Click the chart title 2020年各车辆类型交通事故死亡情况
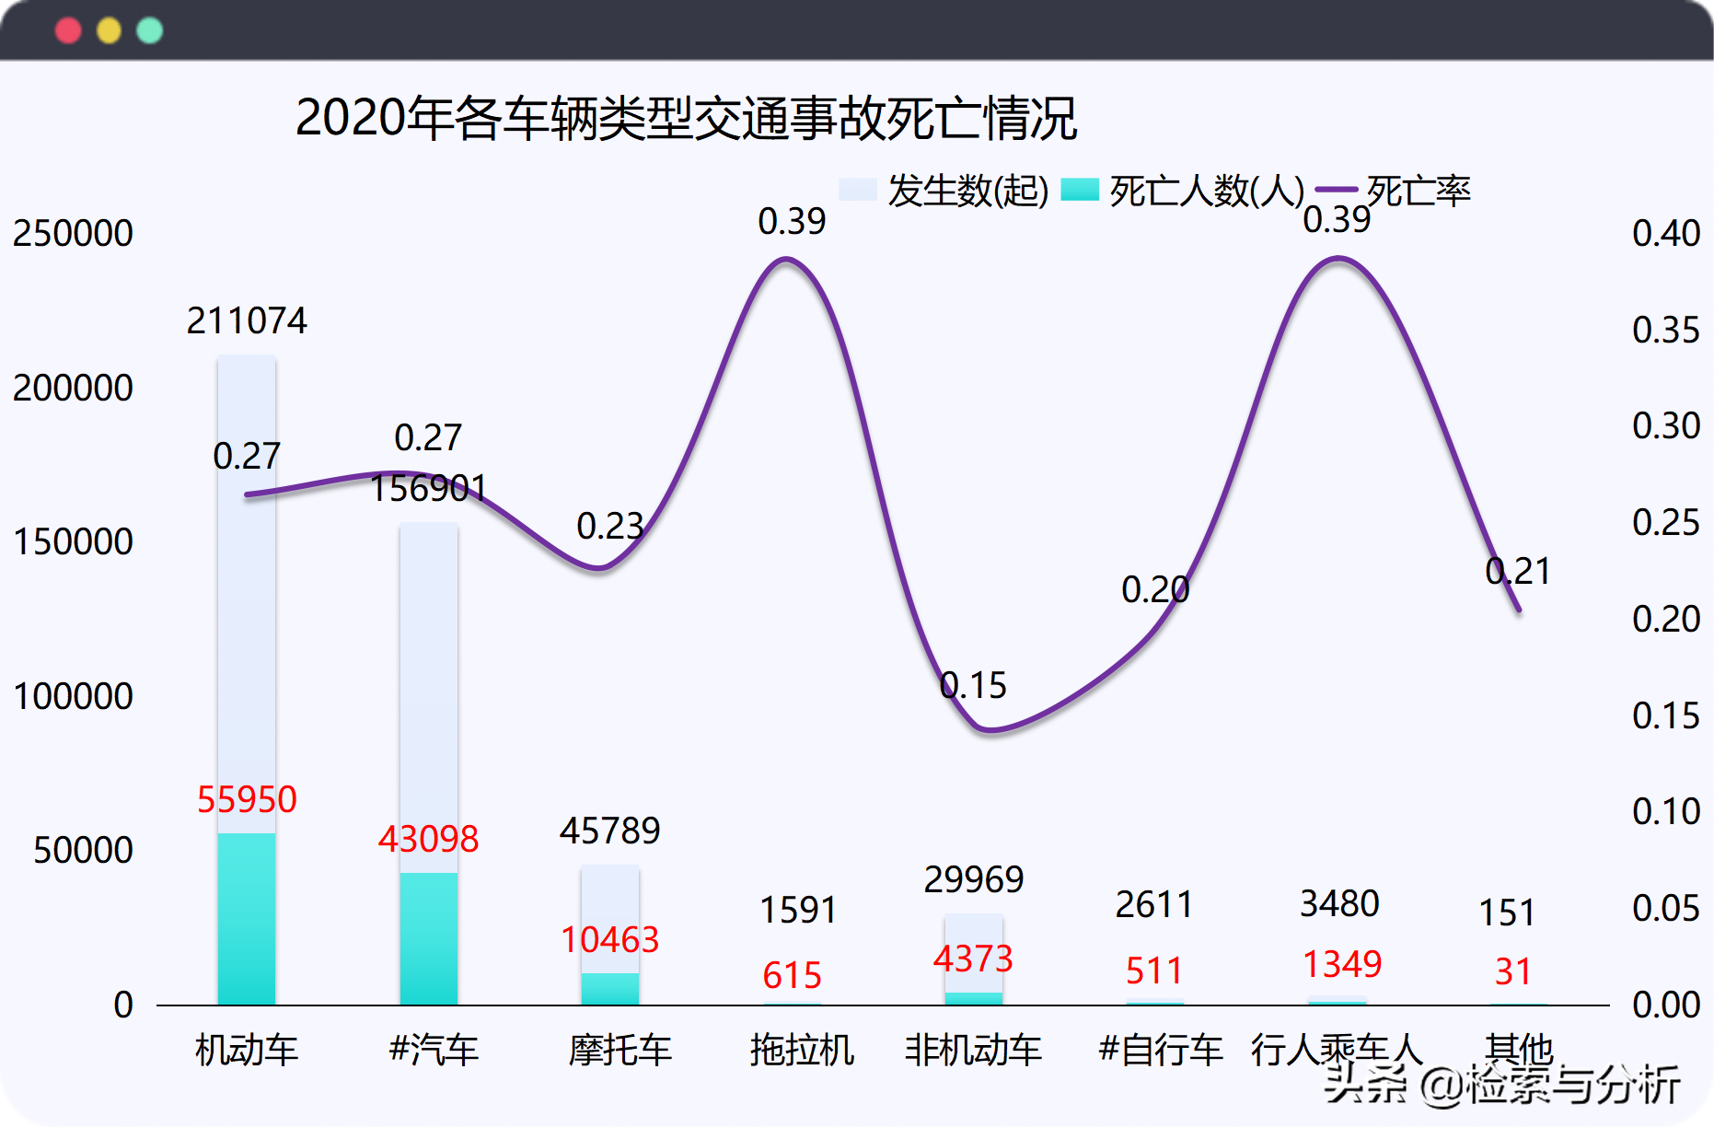click(x=686, y=120)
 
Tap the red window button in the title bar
click(x=68, y=31)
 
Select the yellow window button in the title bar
click(x=109, y=31)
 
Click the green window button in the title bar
click(x=149, y=31)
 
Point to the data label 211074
click(x=247, y=321)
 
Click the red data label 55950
click(x=247, y=799)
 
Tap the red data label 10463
click(x=609, y=940)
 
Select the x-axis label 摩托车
click(x=620, y=1051)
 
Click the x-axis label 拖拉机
click(x=802, y=1051)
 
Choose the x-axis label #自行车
click(x=1160, y=1051)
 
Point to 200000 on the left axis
click(x=73, y=389)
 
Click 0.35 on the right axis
click(x=1665, y=331)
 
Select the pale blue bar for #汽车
click(x=429, y=691)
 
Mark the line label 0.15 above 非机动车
click(x=973, y=686)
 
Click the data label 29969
click(x=973, y=880)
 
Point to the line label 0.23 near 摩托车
click(x=609, y=527)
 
